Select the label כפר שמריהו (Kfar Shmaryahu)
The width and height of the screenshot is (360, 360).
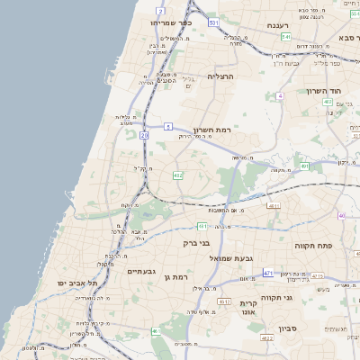172,22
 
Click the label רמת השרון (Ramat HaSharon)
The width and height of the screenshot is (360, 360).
212,130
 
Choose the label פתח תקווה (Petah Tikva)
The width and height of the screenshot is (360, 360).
315,244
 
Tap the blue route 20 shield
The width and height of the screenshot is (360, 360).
144,134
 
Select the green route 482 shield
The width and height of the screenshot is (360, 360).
178,175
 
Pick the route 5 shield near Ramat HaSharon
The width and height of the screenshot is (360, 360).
167,126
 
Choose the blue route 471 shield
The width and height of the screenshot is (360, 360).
268,272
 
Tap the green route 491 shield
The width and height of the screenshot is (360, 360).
305,166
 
